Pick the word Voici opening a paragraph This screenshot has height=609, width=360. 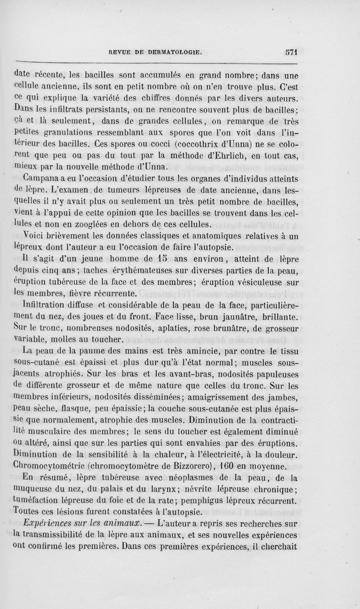(32, 235)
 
